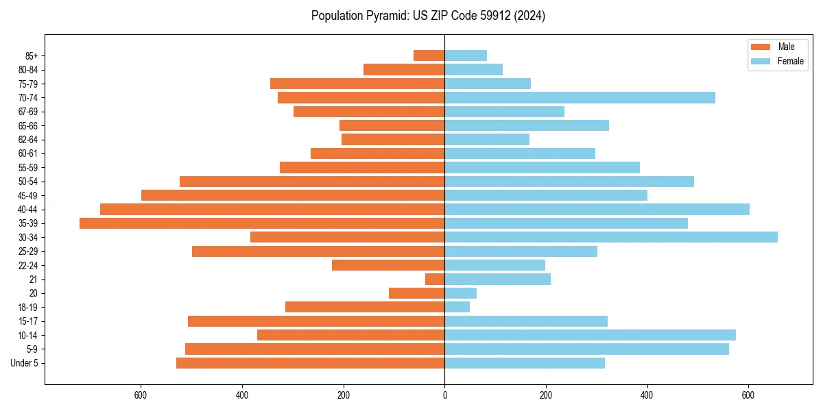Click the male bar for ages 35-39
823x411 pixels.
pos(262,223)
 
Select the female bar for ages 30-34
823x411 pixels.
pos(611,237)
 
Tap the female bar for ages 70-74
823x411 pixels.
pos(580,97)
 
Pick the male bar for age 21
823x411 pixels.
pos(435,279)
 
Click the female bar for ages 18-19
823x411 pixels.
pos(457,307)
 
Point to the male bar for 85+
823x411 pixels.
pos(429,55)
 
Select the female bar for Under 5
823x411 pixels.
pos(525,363)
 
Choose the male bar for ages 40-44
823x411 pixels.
pos(272,209)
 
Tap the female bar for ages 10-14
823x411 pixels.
pos(590,335)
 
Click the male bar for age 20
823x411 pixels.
pos(417,293)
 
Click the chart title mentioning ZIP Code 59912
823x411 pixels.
pos(428,16)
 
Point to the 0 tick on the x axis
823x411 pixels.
pos(444,395)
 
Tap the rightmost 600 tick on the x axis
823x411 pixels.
pos(748,395)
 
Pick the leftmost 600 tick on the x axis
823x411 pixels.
pos(141,395)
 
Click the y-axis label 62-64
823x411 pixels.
pos(27,140)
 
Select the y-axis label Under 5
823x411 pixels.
pos(24,363)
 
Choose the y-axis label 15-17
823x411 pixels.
pos(27,321)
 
